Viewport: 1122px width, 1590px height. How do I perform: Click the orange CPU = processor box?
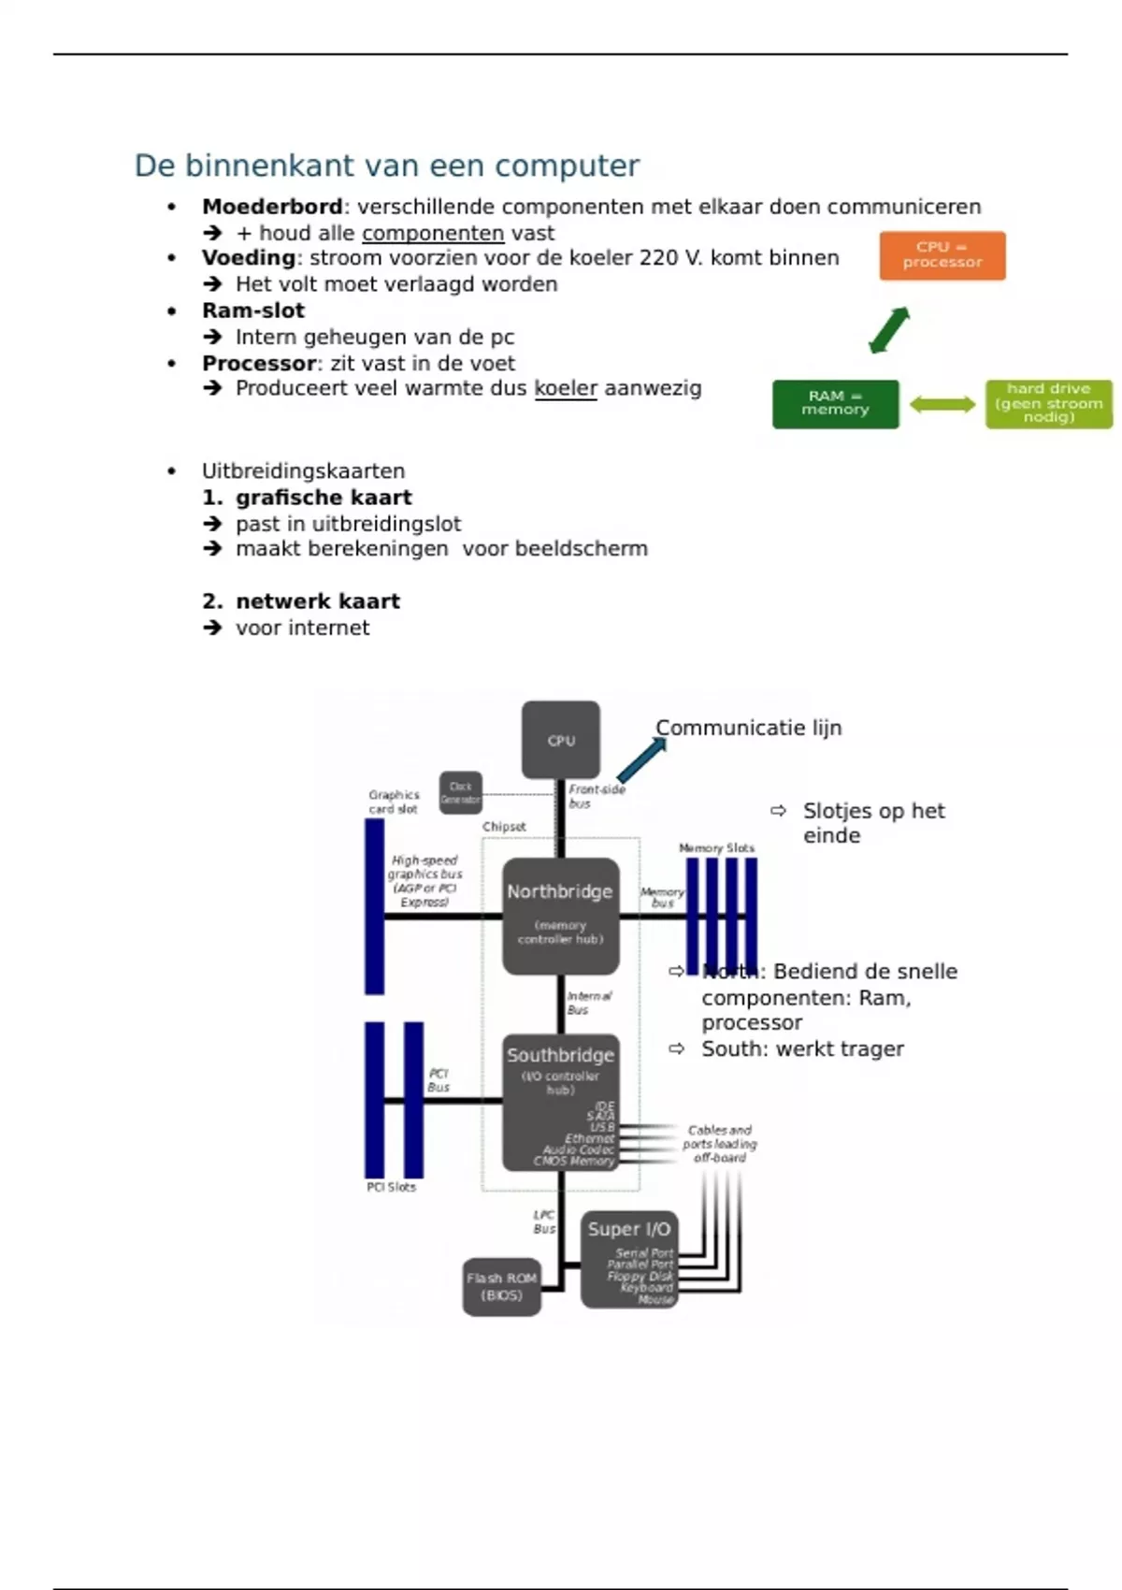coord(942,255)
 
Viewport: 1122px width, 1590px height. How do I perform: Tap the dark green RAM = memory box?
coord(835,404)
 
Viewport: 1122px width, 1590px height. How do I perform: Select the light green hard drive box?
coord(1048,404)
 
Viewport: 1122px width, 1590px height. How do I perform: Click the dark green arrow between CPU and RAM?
coord(889,330)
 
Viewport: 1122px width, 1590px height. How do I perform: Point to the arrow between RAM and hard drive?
coord(942,404)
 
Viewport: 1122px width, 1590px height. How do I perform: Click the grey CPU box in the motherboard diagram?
coord(561,740)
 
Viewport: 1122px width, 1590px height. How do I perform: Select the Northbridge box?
coord(560,915)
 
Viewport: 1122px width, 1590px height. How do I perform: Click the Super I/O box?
coord(628,1258)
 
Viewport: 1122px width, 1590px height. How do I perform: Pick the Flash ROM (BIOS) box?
coord(502,1287)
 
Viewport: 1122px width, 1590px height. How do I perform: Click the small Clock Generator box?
coord(461,793)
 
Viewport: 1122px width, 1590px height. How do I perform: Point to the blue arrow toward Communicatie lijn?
coord(642,759)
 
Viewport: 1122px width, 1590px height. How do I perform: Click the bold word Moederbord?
coord(272,207)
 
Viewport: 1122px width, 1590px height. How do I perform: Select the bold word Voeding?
coord(249,258)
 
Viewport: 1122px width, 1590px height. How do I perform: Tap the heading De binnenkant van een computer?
coord(386,166)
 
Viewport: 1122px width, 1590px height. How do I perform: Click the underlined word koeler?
coord(566,388)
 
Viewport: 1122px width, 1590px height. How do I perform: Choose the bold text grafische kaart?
coord(324,498)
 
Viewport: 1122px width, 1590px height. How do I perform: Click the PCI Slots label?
coord(391,1187)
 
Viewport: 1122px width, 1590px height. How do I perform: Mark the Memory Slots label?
coord(716,847)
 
